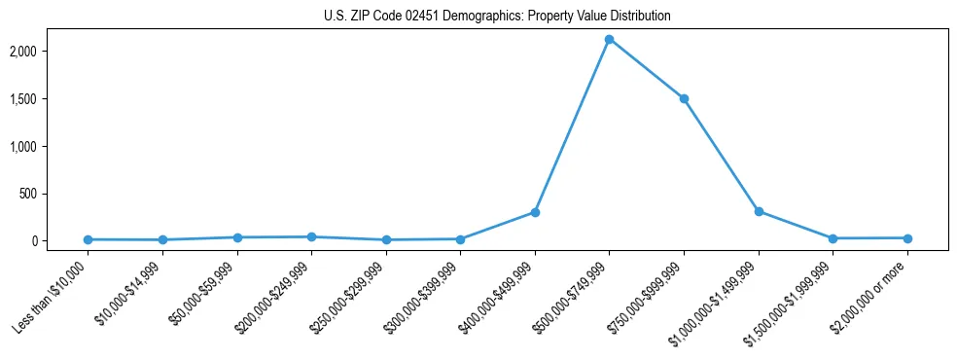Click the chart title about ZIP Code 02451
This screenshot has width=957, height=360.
point(497,17)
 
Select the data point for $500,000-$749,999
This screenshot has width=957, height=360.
point(609,39)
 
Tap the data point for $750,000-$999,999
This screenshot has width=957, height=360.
point(684,98)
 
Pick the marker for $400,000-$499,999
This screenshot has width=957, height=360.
point(535,212)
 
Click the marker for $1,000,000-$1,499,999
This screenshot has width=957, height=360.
point(759,211)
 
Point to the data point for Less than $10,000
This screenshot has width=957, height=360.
point(88,239)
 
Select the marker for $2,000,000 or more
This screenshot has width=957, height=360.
point(907,238)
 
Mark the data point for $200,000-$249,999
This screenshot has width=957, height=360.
point(311,236)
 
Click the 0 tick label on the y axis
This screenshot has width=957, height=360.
point(59,241)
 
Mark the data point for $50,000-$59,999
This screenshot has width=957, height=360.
point(237,237)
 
